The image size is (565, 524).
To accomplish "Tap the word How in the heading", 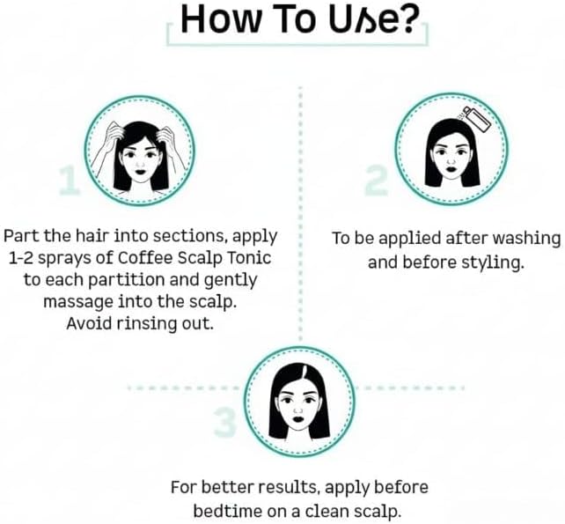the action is (219, 20).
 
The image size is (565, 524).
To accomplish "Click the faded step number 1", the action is (70, 181).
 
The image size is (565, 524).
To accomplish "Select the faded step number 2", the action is (376, 181).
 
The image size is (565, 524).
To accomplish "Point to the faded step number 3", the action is (225, 422).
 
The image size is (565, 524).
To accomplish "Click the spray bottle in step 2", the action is (476, 118).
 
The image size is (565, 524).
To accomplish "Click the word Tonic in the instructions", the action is (249, 257).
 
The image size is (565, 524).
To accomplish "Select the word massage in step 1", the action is (78, 302).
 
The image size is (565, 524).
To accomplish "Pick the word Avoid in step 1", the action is (89, 323).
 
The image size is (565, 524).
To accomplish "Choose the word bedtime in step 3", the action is (228, 511).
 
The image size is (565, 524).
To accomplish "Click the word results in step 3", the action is (290, 488).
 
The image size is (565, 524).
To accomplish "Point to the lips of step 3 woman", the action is (298, 420).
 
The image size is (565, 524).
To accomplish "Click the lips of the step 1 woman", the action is (140, 171).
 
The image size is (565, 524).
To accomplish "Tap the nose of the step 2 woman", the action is (450, 159).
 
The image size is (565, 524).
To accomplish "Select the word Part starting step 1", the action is (21, 236).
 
